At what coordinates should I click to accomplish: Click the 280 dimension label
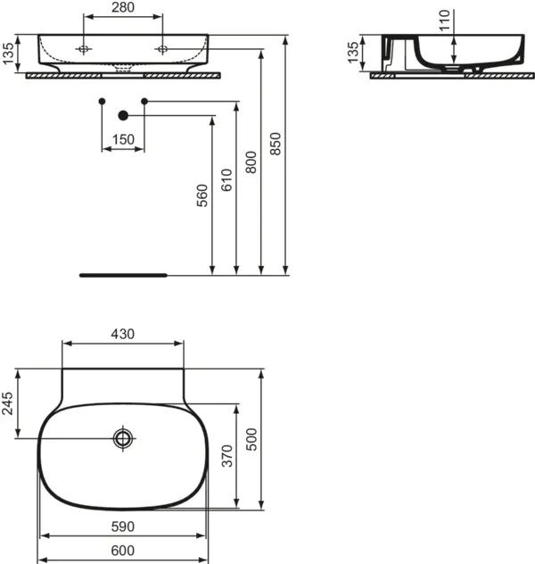(123, 7)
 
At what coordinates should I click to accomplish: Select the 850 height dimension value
(276, 144)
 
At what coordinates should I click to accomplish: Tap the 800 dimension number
(251, 162)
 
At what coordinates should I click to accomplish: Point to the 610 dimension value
(226, 180)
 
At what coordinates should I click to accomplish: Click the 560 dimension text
(202, 195)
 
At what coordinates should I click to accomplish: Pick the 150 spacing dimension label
(123, 139)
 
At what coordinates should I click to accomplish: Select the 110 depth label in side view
(445, 21)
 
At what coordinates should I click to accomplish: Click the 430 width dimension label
(123, 334)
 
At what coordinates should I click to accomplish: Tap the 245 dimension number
(7, 403)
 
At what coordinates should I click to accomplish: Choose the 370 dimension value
(227, 456)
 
